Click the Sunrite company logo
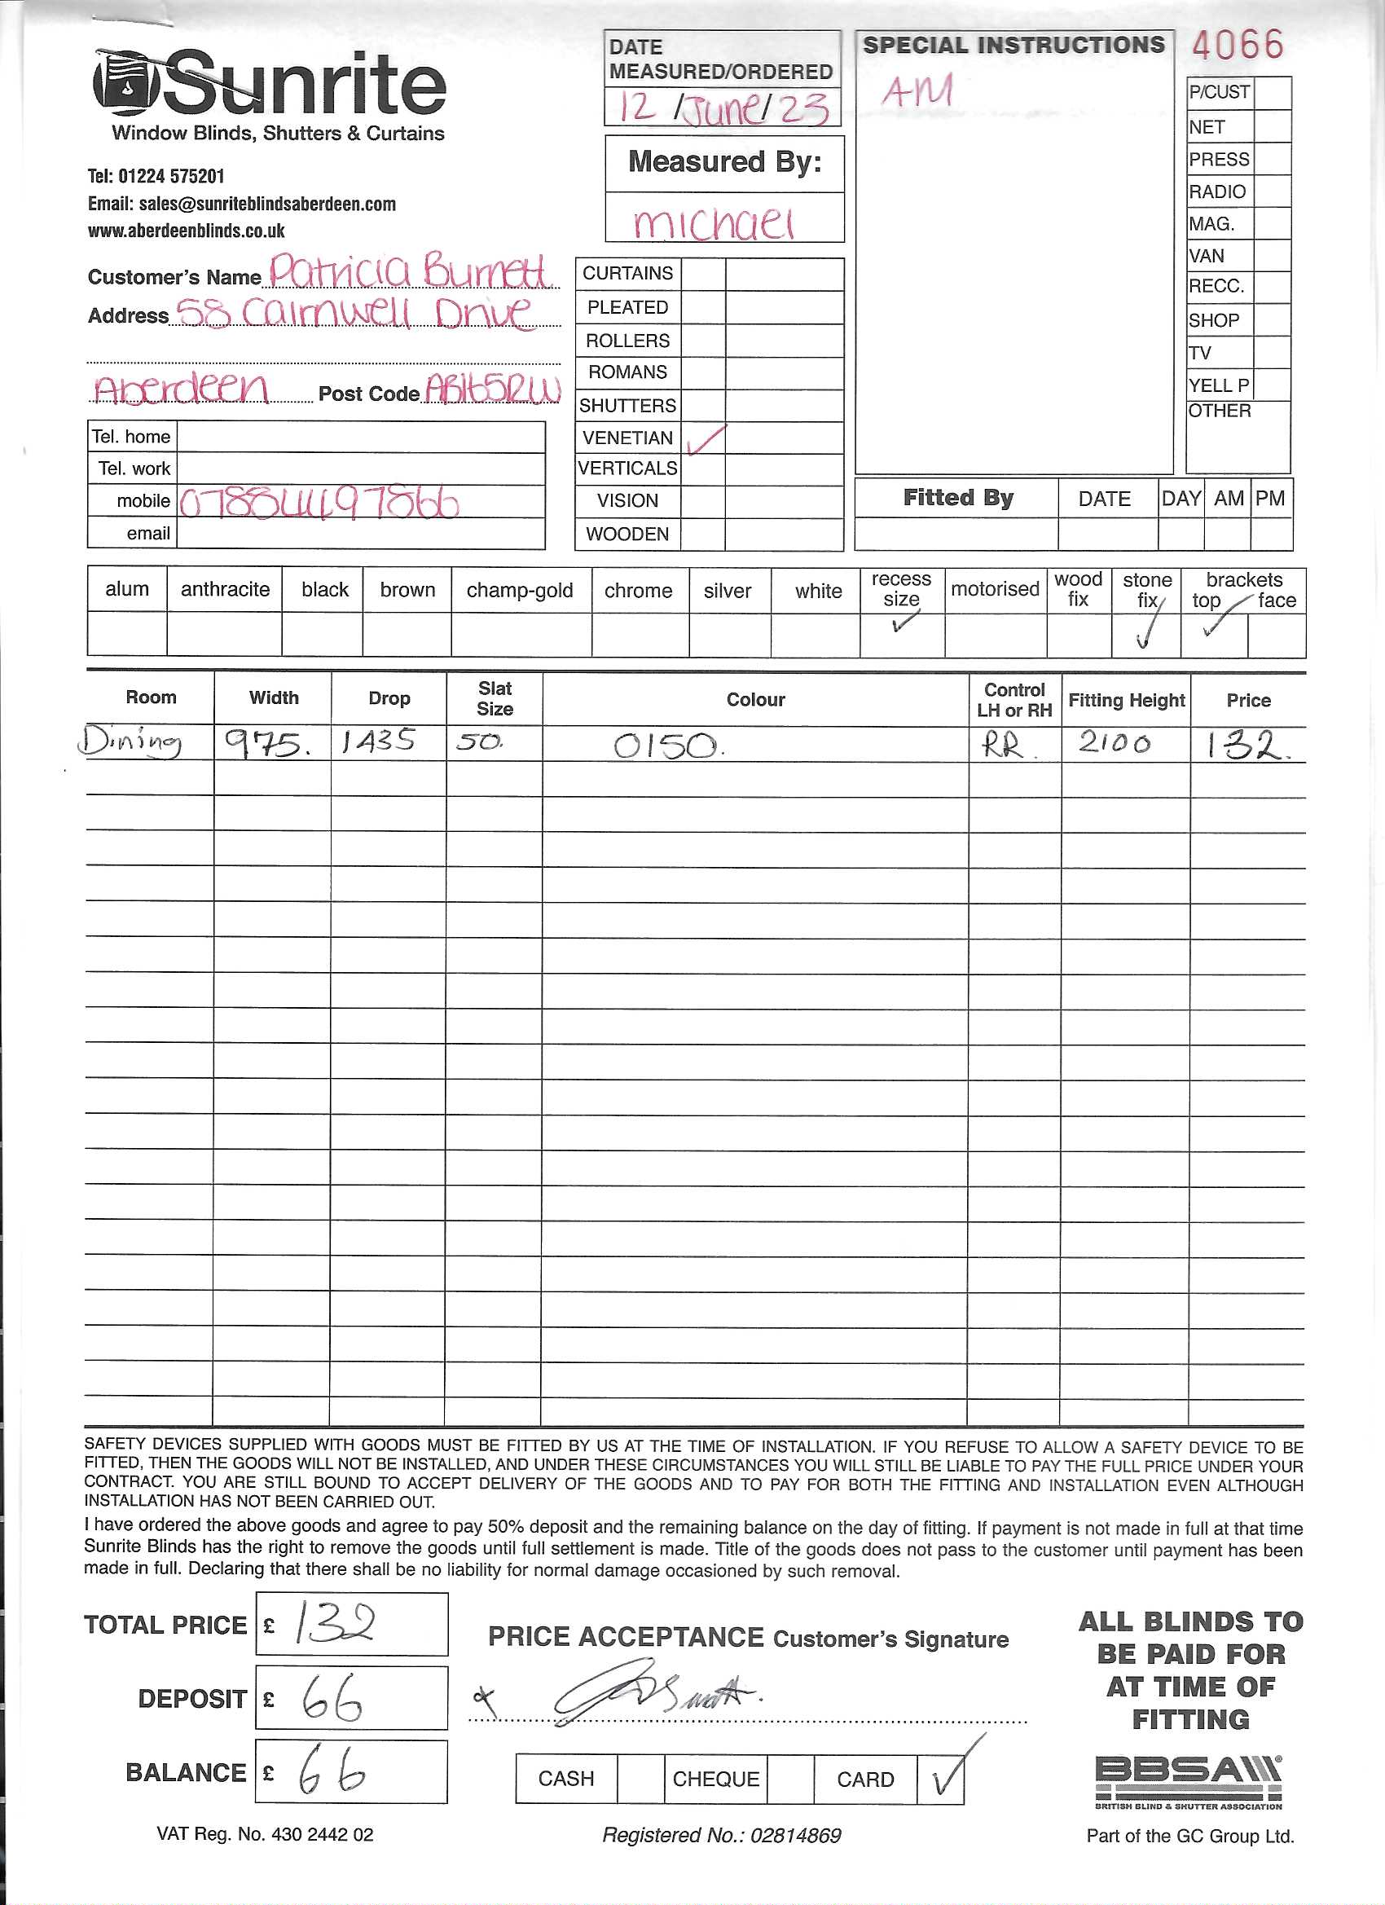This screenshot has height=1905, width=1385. point(269,84)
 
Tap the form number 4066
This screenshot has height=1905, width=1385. point(1238,46)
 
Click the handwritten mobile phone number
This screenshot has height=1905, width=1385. point(319,502)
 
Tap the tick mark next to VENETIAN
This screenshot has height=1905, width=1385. point(705,438)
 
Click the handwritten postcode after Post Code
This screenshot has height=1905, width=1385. point(492,389)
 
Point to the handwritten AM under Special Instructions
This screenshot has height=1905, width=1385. point(917,90)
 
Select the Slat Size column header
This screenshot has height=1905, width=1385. point(495,698)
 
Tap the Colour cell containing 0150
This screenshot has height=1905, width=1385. point(668,745)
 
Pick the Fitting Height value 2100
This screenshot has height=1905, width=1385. point(1114,742)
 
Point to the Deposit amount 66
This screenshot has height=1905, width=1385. point(332,1698)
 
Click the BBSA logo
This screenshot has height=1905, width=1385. point(1188,1775)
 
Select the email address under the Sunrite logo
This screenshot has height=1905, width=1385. point(242,204)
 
